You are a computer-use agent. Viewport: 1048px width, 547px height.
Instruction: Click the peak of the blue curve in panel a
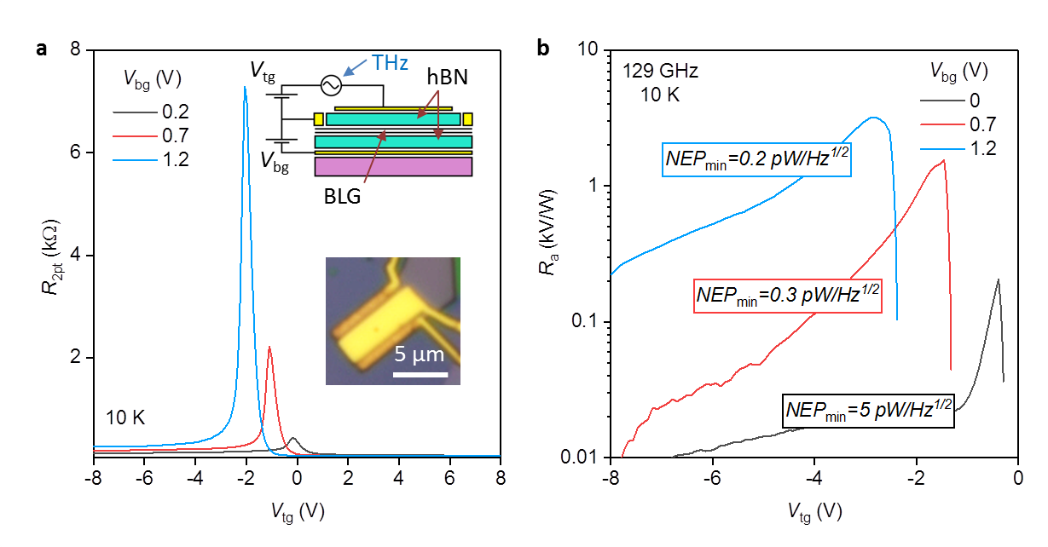tap(245, 87)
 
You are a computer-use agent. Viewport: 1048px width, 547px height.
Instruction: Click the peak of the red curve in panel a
tap(269, 347)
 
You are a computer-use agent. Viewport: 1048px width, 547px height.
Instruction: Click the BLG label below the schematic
tap(344, 195)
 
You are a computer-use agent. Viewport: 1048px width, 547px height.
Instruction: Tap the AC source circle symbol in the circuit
tap(328, 85)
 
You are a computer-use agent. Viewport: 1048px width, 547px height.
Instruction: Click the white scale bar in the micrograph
tap(420, 374)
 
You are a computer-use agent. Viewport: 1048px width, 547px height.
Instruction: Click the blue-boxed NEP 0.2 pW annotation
tap(757, 159)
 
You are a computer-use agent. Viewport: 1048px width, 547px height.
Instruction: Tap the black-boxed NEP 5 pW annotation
tap(868, 411)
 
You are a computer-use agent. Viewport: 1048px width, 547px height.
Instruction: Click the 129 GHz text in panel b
tap(660, 72)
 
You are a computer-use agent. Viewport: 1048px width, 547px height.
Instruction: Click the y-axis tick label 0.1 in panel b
tap(587, 322)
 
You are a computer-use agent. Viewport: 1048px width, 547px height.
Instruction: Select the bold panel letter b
tap(543, 49)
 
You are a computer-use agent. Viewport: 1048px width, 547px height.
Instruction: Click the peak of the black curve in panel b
tap(997, 279)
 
